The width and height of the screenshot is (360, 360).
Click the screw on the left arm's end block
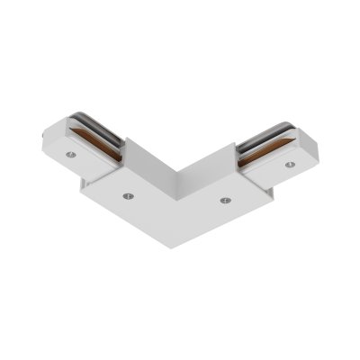(69, 155)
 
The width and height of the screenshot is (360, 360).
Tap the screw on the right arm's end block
(289, 165)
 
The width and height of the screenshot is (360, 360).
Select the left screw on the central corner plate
(129, 193)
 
